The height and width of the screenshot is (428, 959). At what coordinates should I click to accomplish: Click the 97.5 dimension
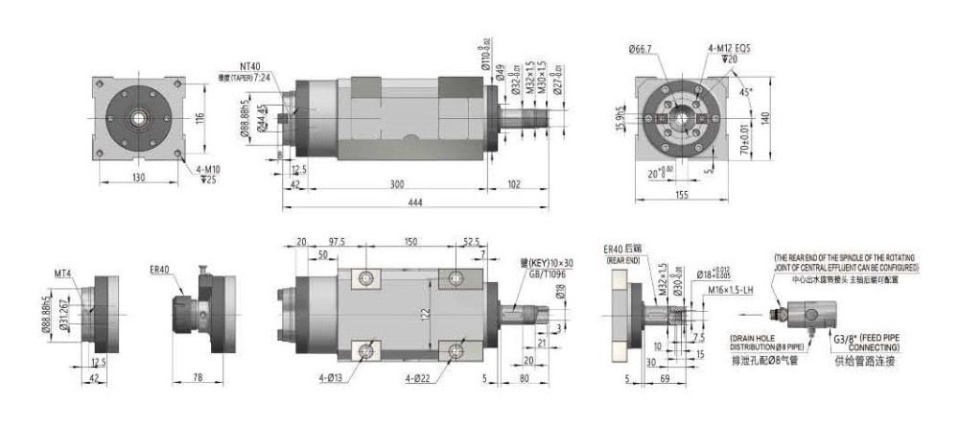click(337, 243)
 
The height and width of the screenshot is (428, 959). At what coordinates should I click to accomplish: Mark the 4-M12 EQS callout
click(735, 48)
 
